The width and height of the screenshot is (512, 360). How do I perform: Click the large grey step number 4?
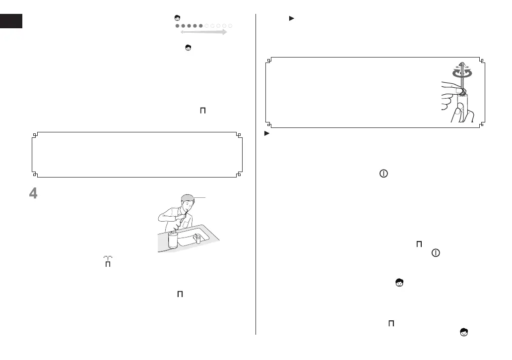coord(33,193)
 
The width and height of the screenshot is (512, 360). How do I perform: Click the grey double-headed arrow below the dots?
coord(203,32)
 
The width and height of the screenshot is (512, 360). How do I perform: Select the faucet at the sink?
coord(197,239)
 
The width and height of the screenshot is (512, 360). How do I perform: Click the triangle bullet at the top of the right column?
coord(291,18)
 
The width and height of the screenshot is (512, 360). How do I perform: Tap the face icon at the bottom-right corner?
coord(464,333)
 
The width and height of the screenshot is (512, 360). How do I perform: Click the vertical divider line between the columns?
coord(256,174)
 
